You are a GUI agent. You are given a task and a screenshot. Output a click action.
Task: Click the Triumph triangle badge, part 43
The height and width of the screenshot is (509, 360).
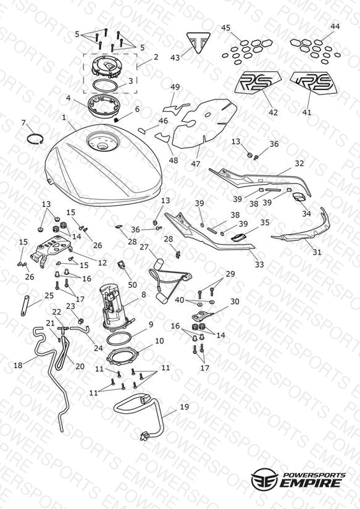[x=198, y=43]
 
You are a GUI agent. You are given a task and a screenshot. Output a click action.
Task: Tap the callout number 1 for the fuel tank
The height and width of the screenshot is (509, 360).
[x=64, y=117]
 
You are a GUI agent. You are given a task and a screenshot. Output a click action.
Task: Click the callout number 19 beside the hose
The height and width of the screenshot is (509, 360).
[x=185, y=406]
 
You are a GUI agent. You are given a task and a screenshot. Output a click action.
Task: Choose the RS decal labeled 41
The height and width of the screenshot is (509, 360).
[x=314, y=83]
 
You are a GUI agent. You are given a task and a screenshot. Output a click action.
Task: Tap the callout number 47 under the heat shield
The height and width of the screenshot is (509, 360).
[x=195, y=164]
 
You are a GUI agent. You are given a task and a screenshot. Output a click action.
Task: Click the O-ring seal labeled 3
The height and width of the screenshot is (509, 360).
[x=105, y=86]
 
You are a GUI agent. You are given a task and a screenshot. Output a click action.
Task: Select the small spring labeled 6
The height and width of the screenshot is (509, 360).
[x=117, y=120]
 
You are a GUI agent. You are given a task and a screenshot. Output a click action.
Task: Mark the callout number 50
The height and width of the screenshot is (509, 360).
[x=132, y=285]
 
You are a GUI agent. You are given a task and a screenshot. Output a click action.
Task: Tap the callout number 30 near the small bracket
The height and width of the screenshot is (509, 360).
[x=235, y=301]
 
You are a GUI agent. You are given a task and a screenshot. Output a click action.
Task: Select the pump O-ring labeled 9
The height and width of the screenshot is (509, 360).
[x=119, y=339]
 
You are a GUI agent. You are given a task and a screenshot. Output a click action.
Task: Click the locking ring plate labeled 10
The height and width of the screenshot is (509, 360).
[x=122, y=356]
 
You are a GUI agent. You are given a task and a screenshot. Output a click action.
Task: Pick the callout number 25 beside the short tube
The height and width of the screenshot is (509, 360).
[x=49, y=296]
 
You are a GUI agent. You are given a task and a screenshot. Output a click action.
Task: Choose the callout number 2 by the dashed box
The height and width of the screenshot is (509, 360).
[x=156, y=57]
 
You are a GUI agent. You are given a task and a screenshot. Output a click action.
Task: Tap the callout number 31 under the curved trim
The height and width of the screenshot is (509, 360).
[x=317, y=252]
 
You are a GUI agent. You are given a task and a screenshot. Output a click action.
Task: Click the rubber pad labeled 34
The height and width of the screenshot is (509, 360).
[x=299, y=196]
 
